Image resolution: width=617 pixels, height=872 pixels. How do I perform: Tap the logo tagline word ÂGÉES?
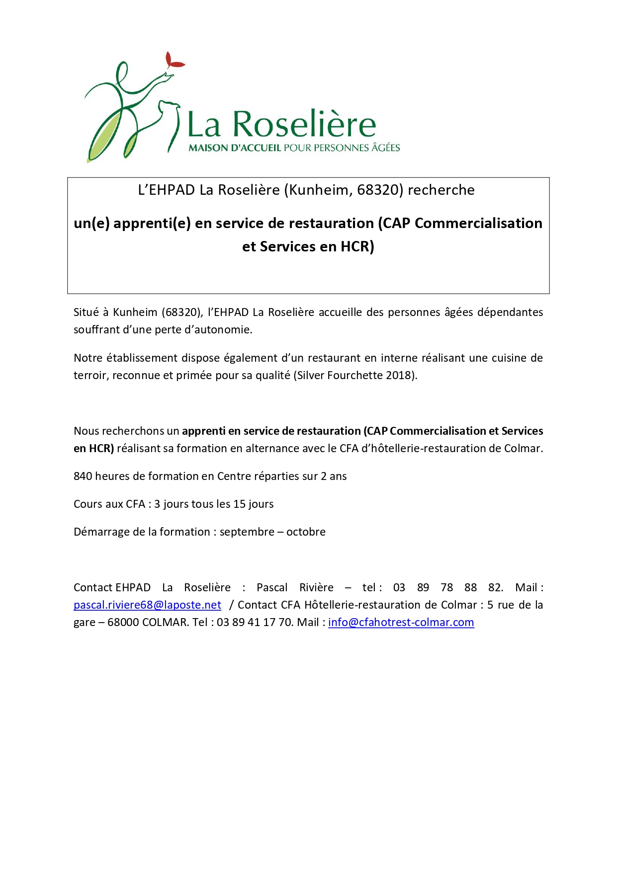point(385,148)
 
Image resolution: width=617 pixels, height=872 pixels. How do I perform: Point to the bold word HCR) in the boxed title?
point(357,246)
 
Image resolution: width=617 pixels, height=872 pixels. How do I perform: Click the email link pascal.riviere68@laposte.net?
point(147,605)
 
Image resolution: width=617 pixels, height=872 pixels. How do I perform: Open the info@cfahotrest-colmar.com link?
point(401,622)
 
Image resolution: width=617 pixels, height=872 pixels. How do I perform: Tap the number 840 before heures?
point(83,476)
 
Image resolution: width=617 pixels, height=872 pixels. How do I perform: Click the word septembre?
point(247,532)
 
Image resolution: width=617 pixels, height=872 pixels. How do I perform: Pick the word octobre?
point(306,532)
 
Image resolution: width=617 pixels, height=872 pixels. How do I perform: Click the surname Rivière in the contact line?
point(316,587)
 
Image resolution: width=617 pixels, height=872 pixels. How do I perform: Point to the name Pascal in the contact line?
point(272,587)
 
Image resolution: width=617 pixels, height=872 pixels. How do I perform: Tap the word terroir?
point(91,375)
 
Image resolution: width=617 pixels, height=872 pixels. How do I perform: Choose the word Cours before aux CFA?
point(87,504)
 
